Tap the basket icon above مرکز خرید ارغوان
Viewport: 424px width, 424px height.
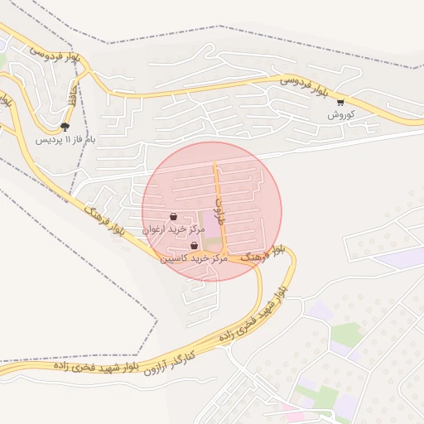point(173,217)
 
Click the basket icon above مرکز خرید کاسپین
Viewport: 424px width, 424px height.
point(194,246)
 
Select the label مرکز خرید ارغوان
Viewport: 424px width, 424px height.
point(173,229)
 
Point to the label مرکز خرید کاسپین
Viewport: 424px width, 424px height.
point(194,258)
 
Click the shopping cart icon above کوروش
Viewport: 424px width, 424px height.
point(340,103)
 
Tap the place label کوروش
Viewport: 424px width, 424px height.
point(340,114)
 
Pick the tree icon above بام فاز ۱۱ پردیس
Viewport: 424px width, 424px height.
point(65,127)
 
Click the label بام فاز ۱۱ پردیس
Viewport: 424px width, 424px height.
point(65,139)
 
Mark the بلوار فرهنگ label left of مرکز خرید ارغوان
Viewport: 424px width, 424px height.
point(106,220)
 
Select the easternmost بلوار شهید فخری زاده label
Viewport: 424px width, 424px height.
point(281,290)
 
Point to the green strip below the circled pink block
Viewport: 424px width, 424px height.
point(212,241)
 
